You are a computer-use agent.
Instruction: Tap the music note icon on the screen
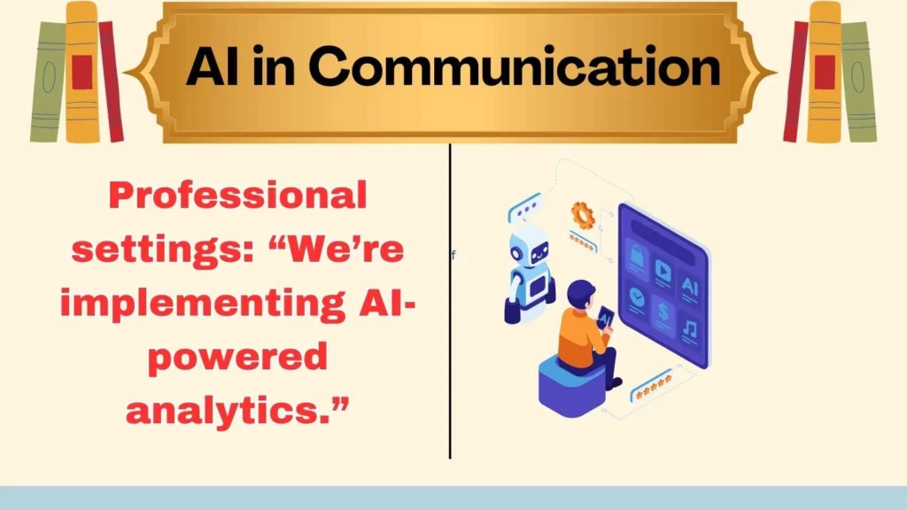pos(688,329)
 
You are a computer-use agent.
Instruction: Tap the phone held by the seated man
pos(606,315)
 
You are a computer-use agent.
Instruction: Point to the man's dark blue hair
pos(580,291)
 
